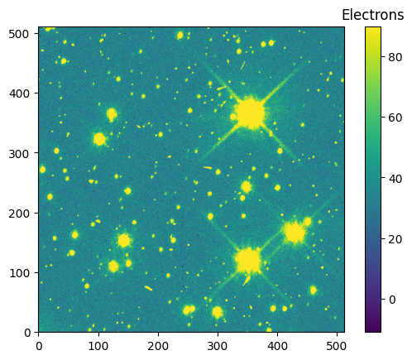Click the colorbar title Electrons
click(372, 15)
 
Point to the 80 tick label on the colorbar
click(395, 57)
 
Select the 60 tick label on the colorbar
click(395, 118)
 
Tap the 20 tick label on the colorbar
click(395, 239)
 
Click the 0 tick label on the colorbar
click(392, 300)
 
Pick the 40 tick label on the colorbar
click(395, 179)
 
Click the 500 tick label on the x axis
click(337, 346)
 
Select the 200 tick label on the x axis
click(158, 346)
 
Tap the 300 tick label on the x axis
click(218, 346)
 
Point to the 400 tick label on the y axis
click(19, 94)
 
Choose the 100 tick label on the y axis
click(19, 273)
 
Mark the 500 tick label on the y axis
click(19, 34)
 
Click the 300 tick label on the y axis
click(19, 153)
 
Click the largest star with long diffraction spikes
click(251, 113)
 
